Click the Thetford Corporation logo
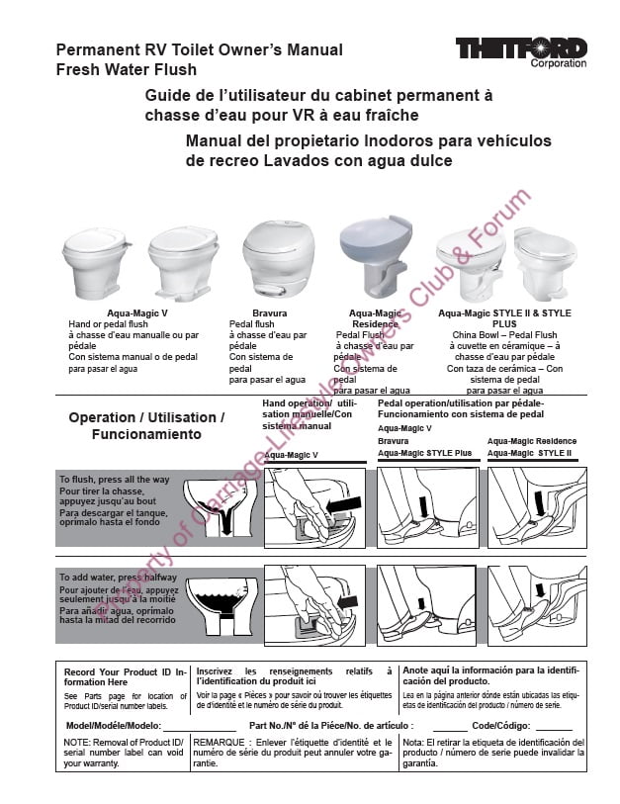point(520,50)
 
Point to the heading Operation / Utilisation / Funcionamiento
point(146,425)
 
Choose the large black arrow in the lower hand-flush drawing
point(346,601)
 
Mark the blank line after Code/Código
point(555,728)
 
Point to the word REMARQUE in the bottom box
point(219,742)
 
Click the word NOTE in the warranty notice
point(77,742)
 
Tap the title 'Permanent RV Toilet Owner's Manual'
point(199,50)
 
